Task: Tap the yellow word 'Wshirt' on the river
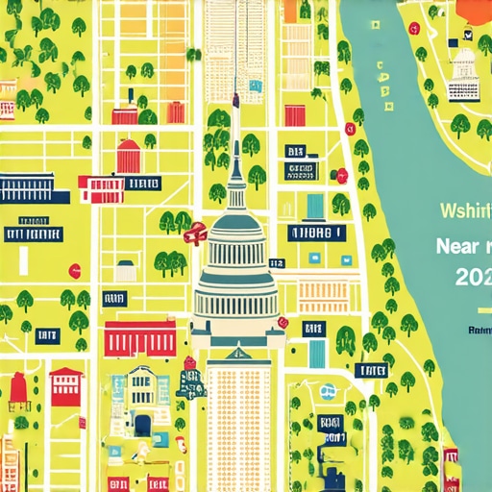pos(464,210)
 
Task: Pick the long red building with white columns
pos(140,338)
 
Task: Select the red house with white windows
pos(66,384)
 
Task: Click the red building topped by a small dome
pos(129,156)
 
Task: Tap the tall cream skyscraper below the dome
pos(238,413)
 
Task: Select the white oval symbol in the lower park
pos(329,391)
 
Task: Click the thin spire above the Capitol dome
pos(236,135)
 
